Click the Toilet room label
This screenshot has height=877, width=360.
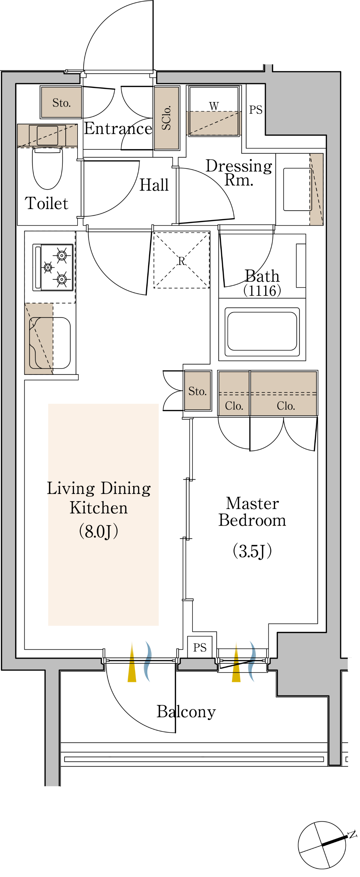click(x=46, y=203)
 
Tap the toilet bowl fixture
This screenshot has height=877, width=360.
click(x=47, y=168)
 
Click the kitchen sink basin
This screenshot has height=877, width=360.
click(x=50, y=343)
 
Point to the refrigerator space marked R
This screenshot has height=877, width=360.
click(x=182, y=261)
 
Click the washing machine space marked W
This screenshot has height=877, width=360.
click(x=214, y=111)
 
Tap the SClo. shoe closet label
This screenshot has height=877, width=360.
click(x=166, y=118)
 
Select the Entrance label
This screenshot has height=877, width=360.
click(x=118, y=128)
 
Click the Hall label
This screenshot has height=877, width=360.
click(x=154, y=185)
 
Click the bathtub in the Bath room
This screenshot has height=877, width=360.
click(x=262, y=332)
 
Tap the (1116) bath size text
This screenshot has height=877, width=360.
click(x=262, y=291)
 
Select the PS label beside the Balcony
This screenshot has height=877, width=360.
click(x=200, y=648)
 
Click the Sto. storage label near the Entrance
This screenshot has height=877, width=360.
click(x=61, y=102)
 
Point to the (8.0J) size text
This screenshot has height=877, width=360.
click(x=98, y=531)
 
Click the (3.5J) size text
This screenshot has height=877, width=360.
click(x=252, y=551)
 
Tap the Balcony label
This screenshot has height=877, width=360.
click(x=186, y=712)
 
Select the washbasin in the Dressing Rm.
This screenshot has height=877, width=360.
click(x=297, y=189)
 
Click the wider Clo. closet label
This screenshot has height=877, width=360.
click(x=286, y=406)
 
